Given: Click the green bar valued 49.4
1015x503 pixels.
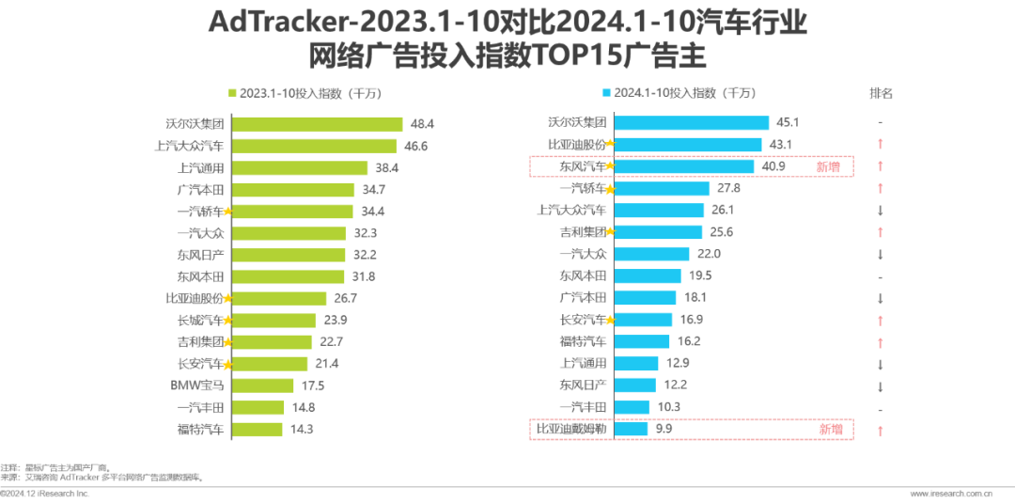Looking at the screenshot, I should (317, 124).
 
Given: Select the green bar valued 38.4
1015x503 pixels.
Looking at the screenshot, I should (300, 167).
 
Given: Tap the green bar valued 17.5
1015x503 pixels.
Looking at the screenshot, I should (266, 385).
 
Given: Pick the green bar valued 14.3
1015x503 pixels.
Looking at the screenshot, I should (258, 429).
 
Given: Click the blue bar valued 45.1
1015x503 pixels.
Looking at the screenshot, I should (691, 122).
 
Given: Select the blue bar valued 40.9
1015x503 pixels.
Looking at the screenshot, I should (684, 166).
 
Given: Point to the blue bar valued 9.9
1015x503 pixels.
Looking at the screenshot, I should (631, 429).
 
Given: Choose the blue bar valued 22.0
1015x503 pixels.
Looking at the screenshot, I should (652, 254).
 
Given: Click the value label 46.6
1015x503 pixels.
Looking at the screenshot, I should (415, 146).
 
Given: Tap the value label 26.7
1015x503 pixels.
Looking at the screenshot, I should (345, 298).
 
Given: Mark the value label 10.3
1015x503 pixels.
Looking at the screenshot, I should (667, 407).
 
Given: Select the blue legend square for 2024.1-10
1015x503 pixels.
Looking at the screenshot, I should (606, 93).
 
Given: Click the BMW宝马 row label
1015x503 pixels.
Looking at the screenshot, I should (197, 385).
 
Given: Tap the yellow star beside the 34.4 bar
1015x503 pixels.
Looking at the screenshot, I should (226, 212).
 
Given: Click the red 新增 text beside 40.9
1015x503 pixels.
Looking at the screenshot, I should (829, 166).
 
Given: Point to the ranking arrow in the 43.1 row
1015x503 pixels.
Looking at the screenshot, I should (879, 145).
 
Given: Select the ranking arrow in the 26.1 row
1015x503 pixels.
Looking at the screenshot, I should (879, 211).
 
